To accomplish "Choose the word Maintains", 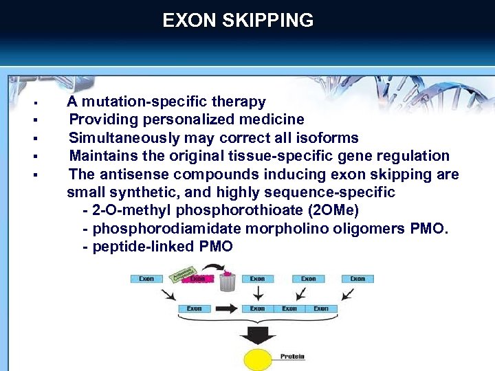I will (102, 156).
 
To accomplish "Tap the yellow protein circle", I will (258, 359).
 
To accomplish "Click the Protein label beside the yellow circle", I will (292, 357).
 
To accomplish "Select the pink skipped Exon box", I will (198, 280).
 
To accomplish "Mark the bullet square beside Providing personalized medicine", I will (34, 121).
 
